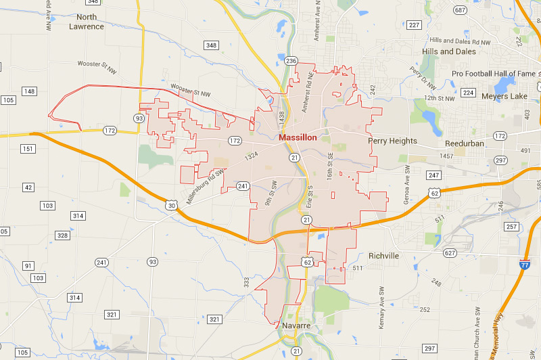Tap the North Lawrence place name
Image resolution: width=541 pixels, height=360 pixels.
click(87, 22)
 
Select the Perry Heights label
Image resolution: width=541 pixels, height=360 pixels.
click(392, 141)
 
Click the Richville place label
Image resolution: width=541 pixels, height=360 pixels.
click(383, 256)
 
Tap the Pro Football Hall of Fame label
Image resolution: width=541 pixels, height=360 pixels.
click(494, 73)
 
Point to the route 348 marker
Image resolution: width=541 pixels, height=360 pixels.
click(212, 45)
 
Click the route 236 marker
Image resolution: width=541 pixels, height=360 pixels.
click(291, 62)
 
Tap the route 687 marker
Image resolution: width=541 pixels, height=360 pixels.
click(461, 10)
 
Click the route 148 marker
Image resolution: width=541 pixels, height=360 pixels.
click(29, 91)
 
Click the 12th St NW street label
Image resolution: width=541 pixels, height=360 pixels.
click(440, 98)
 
